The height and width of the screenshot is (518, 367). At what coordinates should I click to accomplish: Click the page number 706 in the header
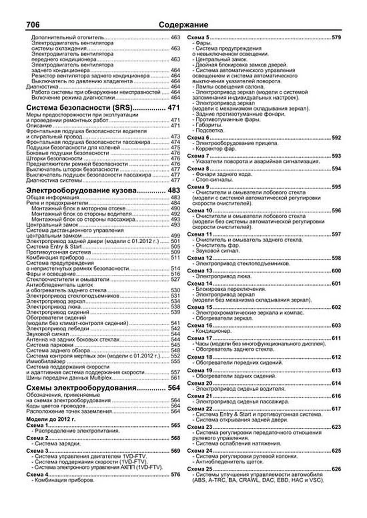coord(33,25)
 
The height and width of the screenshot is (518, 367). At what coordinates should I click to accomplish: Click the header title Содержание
coord(183,25)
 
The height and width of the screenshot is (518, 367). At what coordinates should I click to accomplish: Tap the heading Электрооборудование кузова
coord(81,191)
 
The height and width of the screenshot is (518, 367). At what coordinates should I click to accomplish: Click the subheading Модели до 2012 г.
coord(51,419)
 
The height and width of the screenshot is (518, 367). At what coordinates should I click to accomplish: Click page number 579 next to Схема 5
coord(336,38)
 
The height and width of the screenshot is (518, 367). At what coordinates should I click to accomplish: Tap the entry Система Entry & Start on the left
coord(54,247)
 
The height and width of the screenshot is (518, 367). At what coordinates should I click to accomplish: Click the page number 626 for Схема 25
coord(336,469)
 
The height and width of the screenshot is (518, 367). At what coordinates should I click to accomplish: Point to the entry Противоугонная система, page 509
coord(58,252)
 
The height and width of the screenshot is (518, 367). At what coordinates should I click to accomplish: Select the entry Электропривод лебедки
coord(57,328)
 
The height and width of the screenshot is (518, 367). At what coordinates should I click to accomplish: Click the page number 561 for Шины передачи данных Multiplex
coord(175,378)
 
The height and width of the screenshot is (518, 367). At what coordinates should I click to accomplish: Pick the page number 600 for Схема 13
coord(336,271)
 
